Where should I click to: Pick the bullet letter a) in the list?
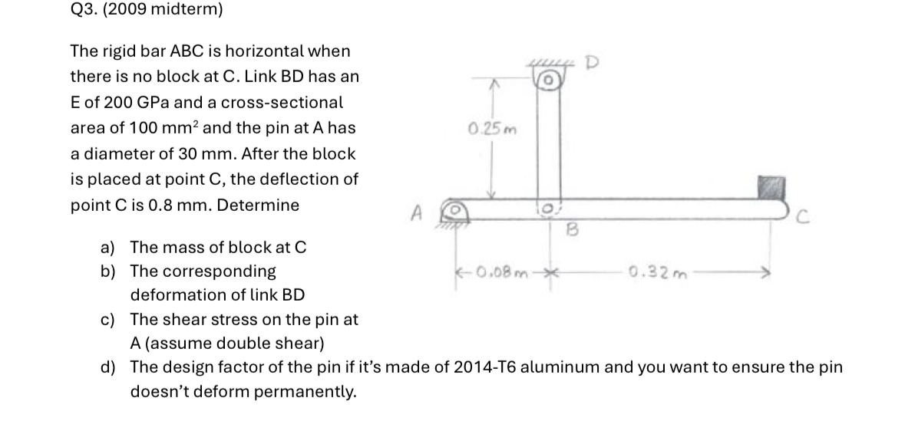coord(108,247)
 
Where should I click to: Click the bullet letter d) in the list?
coord(108,367)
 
